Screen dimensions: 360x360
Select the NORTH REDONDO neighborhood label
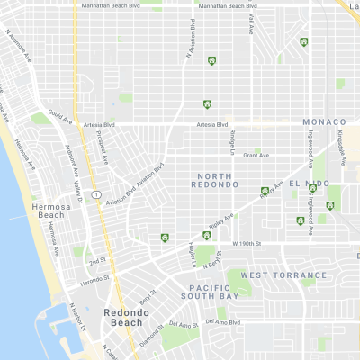tap(215, 178)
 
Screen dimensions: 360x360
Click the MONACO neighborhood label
tap(324, 121)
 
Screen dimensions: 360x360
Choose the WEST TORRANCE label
tap(284, 275)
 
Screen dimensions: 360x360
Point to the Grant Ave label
tap(256, 156)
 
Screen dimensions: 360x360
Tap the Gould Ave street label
tap(60, 117)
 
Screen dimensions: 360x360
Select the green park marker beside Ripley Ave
tap(165, 238)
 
